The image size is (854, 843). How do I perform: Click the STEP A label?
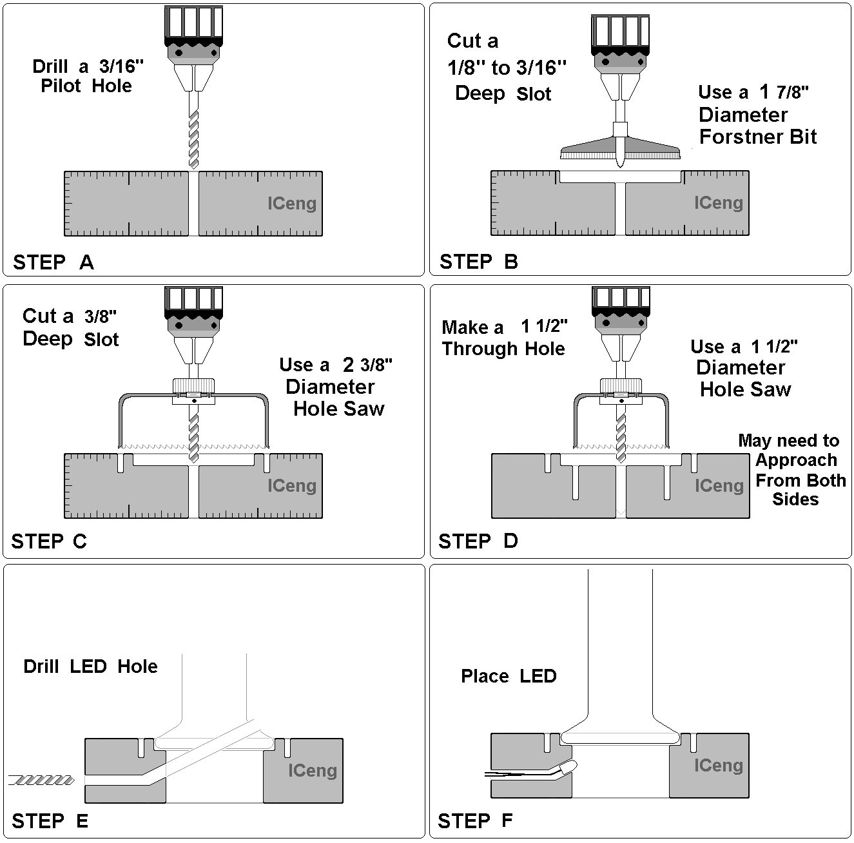pyautogui.click(x=53, y=262)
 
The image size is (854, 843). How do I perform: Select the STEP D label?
pyautogui.click(x=478, y=541)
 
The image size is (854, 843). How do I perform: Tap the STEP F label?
pyautogui.click(x=475, y=821)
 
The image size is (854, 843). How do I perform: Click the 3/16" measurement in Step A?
pyautogui.click(x=121, y=66)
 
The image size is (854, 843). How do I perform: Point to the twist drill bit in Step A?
pyautogui.click(x=193, y=139)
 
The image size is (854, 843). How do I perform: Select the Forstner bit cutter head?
pyautogui.click(x=619, y=149)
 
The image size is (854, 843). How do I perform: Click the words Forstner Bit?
pyautogui.click(x=758, y=137)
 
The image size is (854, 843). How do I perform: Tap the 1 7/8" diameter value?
pyautogui.click(x=783, y=92)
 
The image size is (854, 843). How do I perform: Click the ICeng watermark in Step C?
pyautogui.click(x=292, y=486)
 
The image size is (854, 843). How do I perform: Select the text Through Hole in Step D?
pyautogui.click(x=503, y=349)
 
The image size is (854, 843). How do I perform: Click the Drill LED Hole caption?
pyautogui.click(x=90, y=666)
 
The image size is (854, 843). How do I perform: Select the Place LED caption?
pyautogui.click(x=509, y=676)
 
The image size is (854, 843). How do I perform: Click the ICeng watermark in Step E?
pyautogui.click(x=312, y=771)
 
